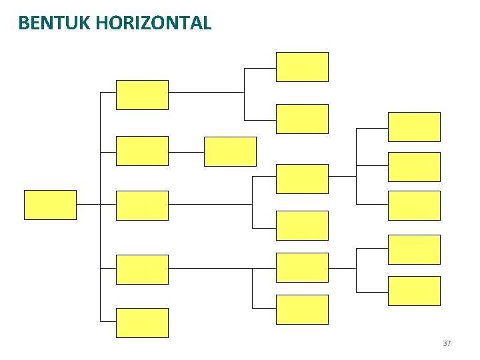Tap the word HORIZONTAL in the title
pos(154,23)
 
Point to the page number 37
pos(447,343)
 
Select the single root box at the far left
pos(50,205)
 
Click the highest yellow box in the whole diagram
pos(302,67)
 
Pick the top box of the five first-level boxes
pos(142,95)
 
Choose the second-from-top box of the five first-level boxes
pos(142,151)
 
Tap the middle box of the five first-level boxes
pos(142,205)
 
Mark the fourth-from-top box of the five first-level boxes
pos(142,269)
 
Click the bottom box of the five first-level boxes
pos(142,323)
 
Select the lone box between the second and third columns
pos(230,151)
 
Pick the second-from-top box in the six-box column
pos(302,119)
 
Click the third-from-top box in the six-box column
pos(302,179)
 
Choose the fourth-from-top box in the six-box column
pos(302,225)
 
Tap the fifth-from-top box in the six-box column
pos(302,267)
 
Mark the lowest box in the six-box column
pos(302,309)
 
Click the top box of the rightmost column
pos(414,127)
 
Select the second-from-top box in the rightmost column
pos(414,167)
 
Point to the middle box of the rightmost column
pos(414,205)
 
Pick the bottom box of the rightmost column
pos(414,291)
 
